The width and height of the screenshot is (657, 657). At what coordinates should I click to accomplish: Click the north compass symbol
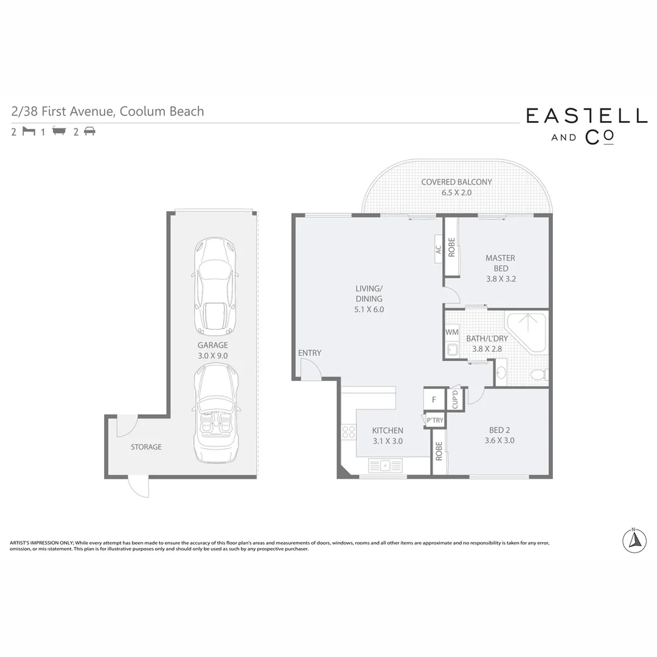pos(634,540)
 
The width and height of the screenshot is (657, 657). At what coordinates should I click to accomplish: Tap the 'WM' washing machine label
pos(451,332)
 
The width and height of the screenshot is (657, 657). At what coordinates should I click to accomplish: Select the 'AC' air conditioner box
pos(438,249)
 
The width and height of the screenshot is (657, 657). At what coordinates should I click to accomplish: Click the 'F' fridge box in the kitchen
pos(434,400)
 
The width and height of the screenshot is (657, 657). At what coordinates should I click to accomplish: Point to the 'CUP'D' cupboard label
pos(454,399)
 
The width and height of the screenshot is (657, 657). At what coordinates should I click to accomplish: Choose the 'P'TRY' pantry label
pos(434,420)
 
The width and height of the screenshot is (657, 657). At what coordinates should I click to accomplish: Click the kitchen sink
pos(384,466)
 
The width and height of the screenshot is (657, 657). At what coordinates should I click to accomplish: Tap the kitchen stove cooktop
pos(349,432)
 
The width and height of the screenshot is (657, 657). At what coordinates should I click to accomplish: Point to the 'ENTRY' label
pos(310,353)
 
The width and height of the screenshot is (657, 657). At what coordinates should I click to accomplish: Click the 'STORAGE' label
pos(146,447)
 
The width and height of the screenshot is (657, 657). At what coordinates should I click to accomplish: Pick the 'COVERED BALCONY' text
pos(456,182)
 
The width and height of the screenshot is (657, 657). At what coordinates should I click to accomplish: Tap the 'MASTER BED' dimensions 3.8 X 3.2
pos(501,279)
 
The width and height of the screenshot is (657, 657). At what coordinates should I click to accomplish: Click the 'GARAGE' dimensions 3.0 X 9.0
pos(212,356)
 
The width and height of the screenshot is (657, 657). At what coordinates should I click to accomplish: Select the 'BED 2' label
pos(499,430)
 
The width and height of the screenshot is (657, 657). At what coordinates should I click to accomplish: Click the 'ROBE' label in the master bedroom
pos(451,247)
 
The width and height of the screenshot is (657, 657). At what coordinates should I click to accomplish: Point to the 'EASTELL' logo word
pos(586,116)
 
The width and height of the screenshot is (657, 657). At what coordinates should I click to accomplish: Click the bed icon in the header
pos(29,131)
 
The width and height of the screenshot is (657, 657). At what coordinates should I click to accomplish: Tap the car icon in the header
pos(89,131)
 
